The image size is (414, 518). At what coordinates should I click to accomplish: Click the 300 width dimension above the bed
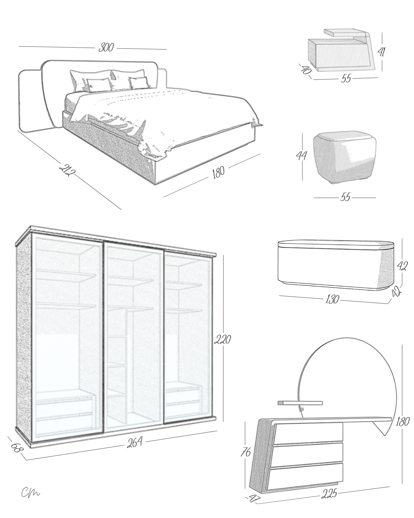[x=106, y=48]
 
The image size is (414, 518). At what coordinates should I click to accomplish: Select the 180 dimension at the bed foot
[x=218, y=172]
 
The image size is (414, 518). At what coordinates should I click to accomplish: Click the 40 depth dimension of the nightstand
[x=306, y=70]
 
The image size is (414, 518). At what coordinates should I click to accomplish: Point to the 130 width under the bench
[x=332, y=299]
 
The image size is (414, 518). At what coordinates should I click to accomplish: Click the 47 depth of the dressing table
[x=254, y=498]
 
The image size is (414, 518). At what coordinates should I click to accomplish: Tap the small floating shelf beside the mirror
[x=299, y=403]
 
